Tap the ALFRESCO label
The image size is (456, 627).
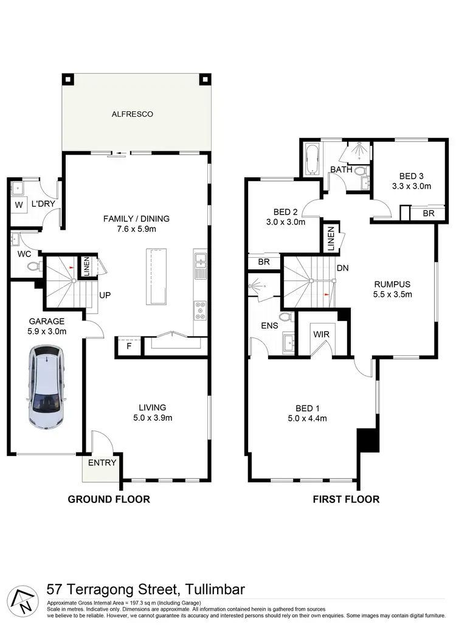(x=132, y=114)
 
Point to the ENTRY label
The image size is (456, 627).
(x=102, y=463)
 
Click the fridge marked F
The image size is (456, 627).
(x=128, y=345)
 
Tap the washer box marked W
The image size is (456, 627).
(x=18, y=205)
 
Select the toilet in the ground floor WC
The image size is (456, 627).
(x=32, y=266)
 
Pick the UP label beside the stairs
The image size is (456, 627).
(x=104, y=295)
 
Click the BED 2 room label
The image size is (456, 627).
(x=285, y=217)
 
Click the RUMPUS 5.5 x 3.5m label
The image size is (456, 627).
(x=392, y=289)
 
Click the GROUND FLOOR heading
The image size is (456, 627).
(x=108, y=499)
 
